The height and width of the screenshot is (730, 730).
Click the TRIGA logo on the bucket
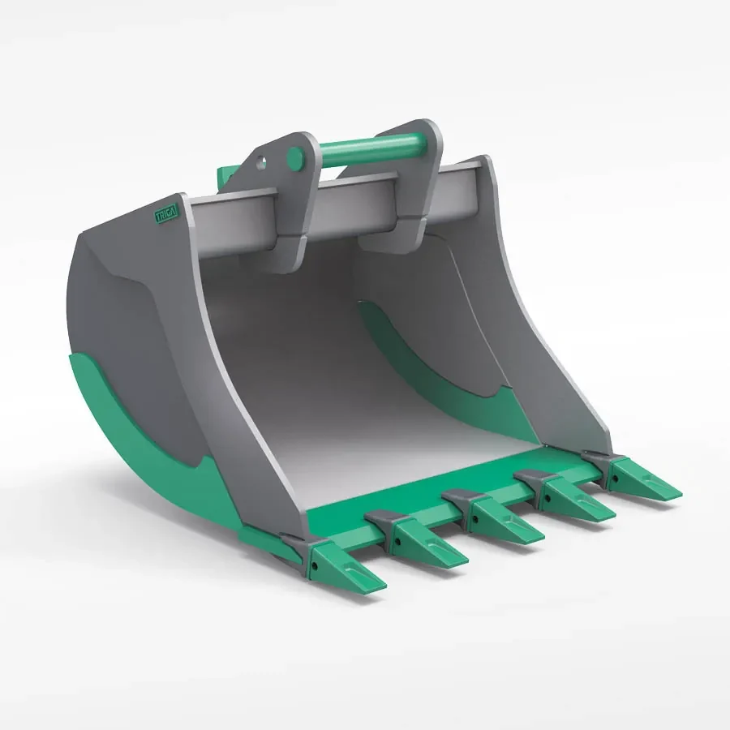click(x=170, y=212)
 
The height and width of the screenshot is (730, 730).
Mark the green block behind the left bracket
click(x=225, y=174)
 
